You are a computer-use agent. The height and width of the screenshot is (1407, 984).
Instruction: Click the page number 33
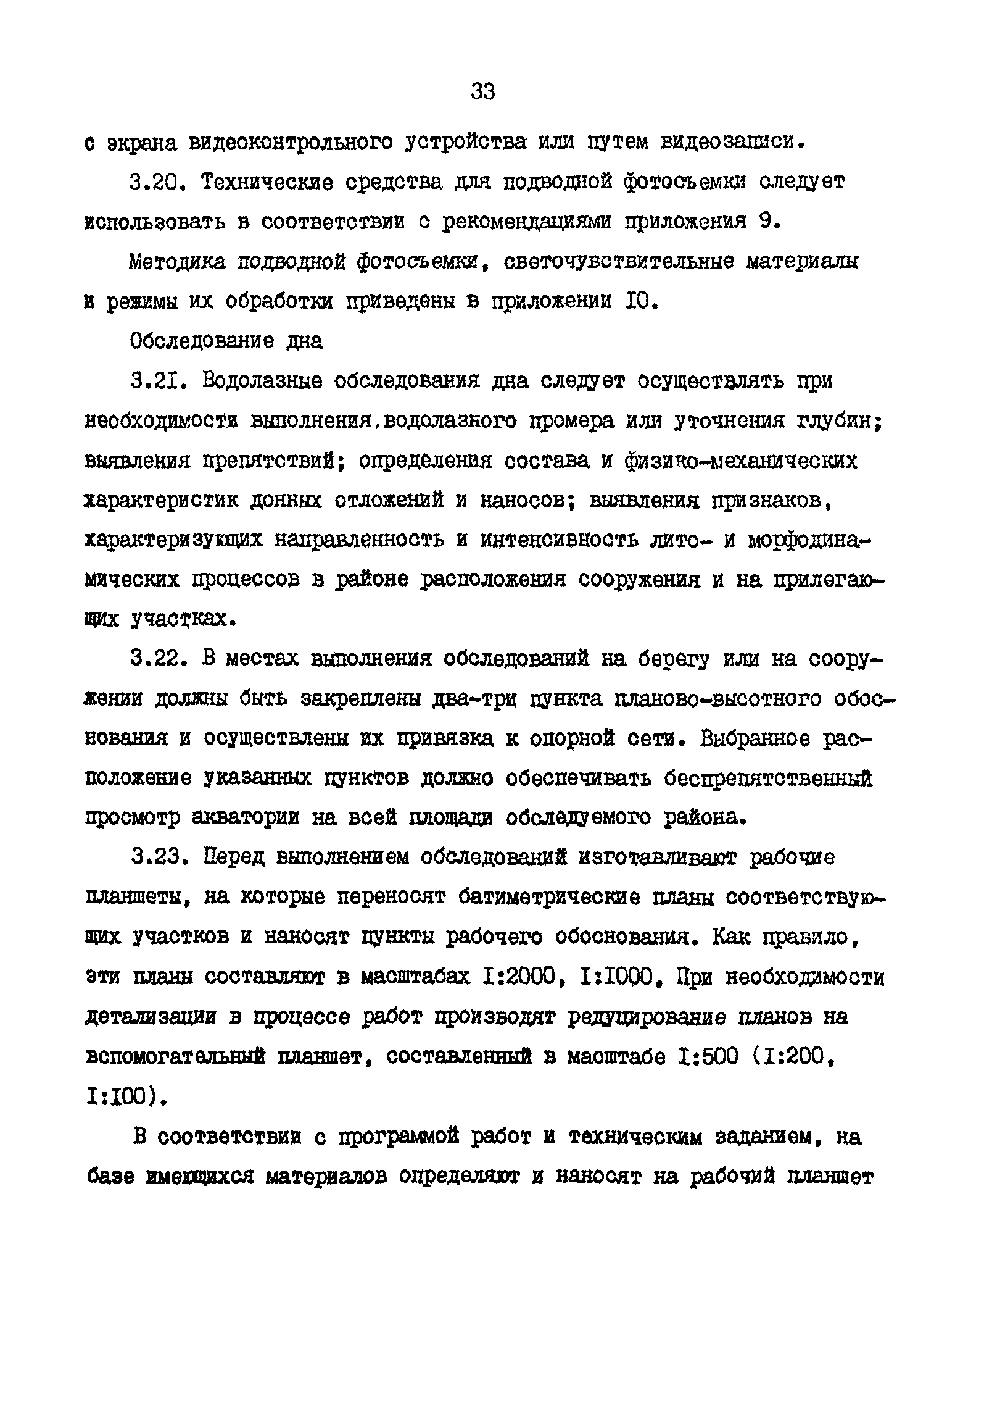[482, 92]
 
